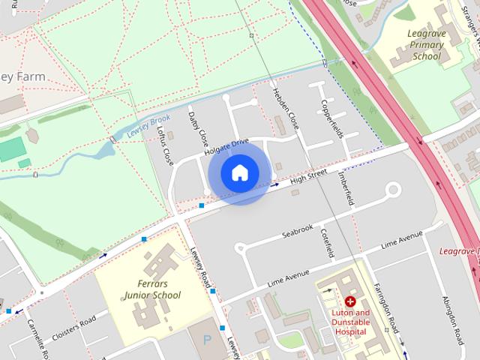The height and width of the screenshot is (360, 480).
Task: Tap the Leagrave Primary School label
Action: click(426, 44)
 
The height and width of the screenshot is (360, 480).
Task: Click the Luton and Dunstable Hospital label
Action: click(351, 322)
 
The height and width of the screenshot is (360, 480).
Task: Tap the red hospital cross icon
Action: click(350, 301)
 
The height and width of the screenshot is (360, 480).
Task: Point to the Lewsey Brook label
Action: click(148, 124)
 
